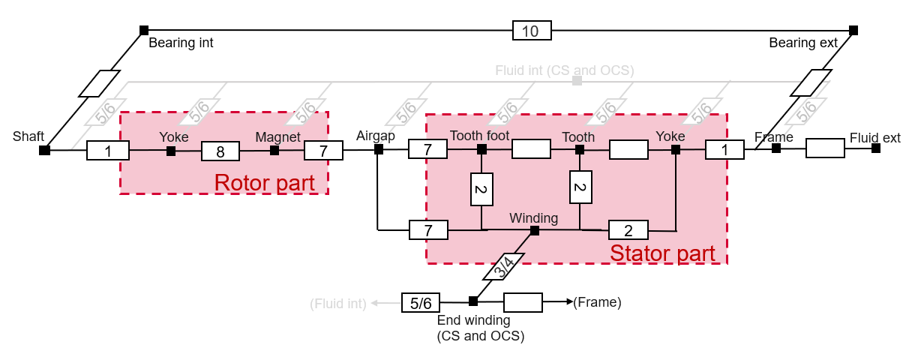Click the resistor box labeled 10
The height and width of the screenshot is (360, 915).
(x=532, y=31)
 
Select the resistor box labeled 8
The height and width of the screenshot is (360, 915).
(x=220, y=151)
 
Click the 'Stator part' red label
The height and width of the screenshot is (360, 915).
(x=662, y=253)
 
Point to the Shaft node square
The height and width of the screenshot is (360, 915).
(x=45, y=151)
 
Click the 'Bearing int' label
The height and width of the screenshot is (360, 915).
(x=181, y=43)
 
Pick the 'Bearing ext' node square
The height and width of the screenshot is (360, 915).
(x=853, y=31)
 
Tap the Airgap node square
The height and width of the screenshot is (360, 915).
(x=379, y=149)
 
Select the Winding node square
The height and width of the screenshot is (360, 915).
(x=535, y=230)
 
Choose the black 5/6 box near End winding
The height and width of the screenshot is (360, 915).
(x=420, y=302)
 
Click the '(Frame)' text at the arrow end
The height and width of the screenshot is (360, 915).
(x=597, y=302)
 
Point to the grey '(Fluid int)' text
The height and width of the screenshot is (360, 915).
(x=338, y=303)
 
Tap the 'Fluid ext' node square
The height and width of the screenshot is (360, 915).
(x=876, y=148)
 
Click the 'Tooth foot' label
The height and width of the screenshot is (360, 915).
(x=479, y=136)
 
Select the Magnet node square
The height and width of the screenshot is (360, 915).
(x=274, y=151)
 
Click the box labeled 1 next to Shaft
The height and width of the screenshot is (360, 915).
(x=108, y=151)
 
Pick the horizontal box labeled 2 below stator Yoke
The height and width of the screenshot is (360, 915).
(x=628, y=229)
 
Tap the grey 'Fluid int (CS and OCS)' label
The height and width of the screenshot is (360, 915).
(x=564, y=70)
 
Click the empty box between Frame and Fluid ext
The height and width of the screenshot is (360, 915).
(x=825, y=148)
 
